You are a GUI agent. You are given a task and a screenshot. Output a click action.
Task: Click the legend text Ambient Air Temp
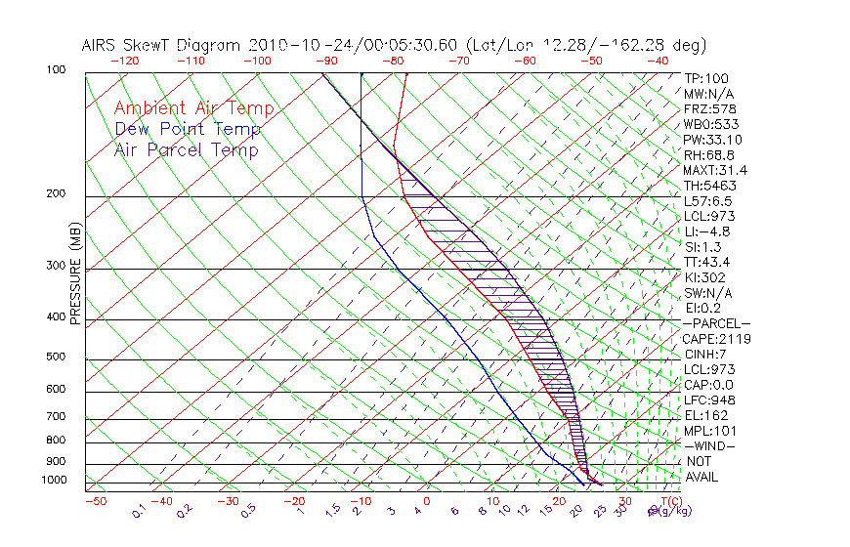[193, 108]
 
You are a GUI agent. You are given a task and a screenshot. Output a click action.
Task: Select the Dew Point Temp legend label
[188, 129]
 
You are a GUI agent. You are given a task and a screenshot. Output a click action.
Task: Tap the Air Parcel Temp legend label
[186, 149]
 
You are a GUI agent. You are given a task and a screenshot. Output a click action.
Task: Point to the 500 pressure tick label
[56, 358]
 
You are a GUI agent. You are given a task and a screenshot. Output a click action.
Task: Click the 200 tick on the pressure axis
[56, 194]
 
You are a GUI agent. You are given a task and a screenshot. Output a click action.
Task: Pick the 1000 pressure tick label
[53, 481]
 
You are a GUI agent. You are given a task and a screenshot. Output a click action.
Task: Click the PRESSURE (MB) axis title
[75, 277]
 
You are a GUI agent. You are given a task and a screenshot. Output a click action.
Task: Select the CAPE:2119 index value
[715, 339]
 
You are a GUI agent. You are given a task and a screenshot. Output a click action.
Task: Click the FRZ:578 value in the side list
[708, 108]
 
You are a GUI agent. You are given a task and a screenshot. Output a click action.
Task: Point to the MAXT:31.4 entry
[715, 170]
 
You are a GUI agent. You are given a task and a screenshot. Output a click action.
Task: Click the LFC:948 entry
[708, 400]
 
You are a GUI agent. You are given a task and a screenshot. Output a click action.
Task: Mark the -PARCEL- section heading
[716, 323]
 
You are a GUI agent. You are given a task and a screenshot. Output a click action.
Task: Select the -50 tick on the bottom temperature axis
[95, 501]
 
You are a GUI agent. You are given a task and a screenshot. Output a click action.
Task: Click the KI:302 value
[703, 277]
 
